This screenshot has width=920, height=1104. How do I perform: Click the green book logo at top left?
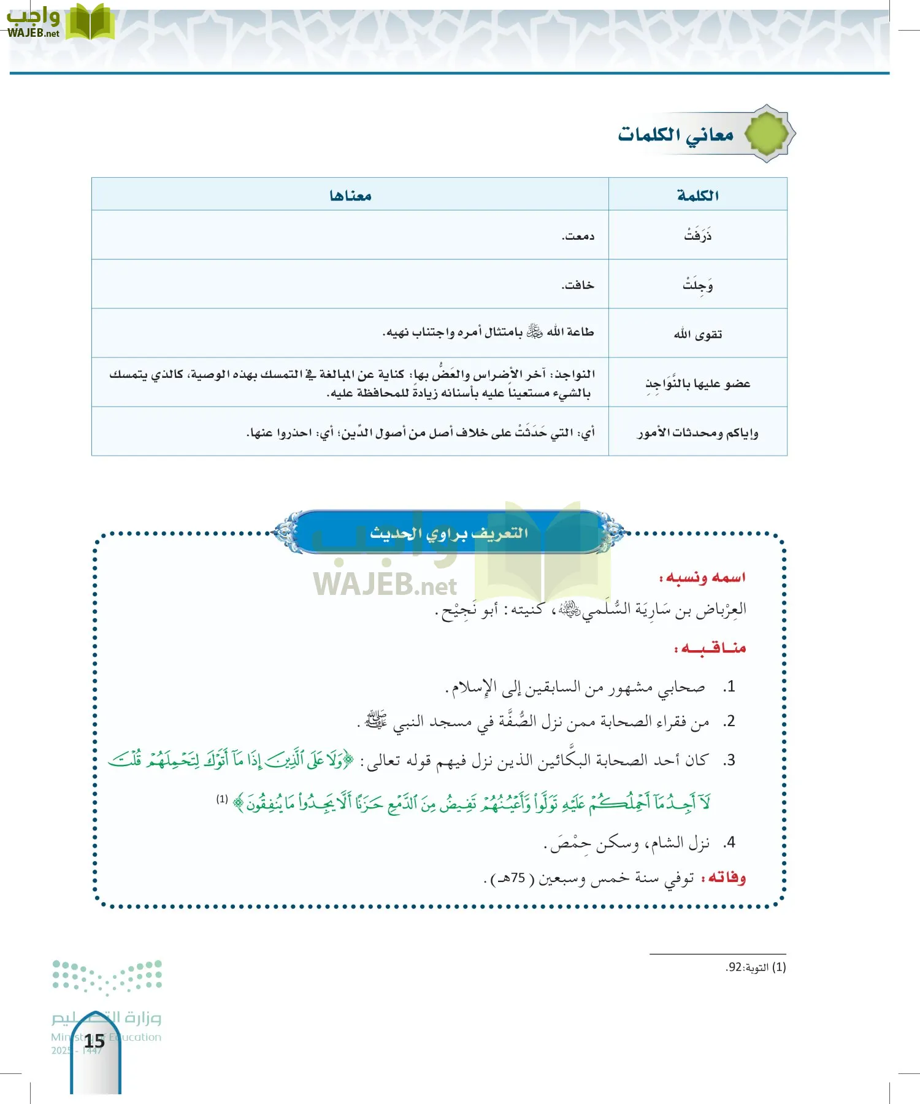coord(89,22)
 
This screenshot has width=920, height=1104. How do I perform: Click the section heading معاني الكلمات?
coord(675,134)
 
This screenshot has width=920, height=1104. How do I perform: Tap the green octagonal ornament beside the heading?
coord(768,133)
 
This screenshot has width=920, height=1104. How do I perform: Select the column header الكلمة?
coord(697,195)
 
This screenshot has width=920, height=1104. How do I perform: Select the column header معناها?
coord(350,195)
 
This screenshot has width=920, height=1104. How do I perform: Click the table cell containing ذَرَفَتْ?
coord(697,236)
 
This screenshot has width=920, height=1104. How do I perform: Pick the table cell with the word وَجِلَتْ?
coord(697,285)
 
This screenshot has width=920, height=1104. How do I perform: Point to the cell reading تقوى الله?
coord(697,334)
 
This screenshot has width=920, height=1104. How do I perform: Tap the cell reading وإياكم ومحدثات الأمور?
coord(697,433)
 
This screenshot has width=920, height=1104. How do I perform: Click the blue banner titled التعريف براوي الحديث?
coord(449,532)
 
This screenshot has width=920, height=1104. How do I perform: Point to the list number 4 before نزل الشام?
coord(729,843)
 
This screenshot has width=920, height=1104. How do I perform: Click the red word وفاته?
coord(727,878)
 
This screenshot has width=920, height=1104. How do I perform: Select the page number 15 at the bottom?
coord(94,1041)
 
